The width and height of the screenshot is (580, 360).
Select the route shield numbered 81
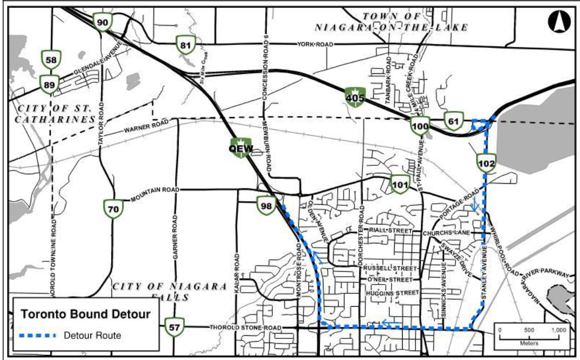(x=184, y=45)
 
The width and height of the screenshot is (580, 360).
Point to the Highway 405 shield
(x=355, y=97)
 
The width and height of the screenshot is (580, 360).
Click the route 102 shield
(x=486, y=163)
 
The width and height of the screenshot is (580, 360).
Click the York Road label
(x=315, y=44)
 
